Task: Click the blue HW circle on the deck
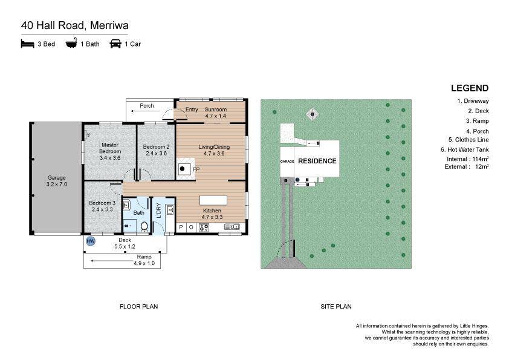pyautogui.click(x=91, y=241)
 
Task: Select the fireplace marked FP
pyautogui.click(x=186, y=169)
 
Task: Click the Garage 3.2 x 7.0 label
pyautogui.click(x=56, y=181)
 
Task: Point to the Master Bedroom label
pyautogui.click(x=110, y=151)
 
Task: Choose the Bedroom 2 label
pyautogui.click(x=156, y=150)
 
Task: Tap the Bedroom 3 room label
pyautogui.click(x=102, y=206)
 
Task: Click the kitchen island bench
pyautogui.click(x=213, y=200)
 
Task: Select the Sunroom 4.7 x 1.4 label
pyautogui.click(x=216, y=113)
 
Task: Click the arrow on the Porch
pyautogui.click(x=146, y=111)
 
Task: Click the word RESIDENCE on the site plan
pyautogui.click(x=317, y=161)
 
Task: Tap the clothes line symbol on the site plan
pyautogui.click(x=313, y=114)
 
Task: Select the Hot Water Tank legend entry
pyautogui.click(x=464, y=150)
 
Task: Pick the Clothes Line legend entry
pyautogui.click(x=468, y=140)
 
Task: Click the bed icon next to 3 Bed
pyautogui.click(x=28, y=44)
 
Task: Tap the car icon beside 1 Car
pyautogui.click(x=115, y=44)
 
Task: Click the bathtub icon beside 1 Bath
pyautogui.click(x=71, y=43)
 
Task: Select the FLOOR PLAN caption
pyautogui.click(x=138, y=306)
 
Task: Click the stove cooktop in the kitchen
pyautogui.click(x=204, y=227)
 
